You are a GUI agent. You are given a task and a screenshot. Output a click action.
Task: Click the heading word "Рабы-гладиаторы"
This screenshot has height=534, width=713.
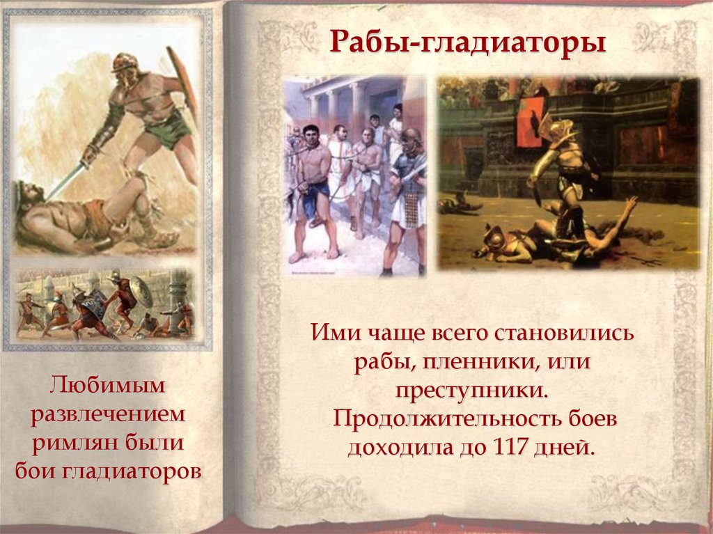467,42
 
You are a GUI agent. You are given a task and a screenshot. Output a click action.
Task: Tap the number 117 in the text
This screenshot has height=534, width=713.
520,446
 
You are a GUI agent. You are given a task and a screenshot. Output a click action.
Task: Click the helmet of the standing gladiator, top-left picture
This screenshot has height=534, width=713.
126,63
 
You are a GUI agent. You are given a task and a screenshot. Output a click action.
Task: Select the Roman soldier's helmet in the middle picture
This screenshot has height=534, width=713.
411,136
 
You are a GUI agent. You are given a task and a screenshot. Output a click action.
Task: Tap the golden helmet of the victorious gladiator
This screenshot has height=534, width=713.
558,127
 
